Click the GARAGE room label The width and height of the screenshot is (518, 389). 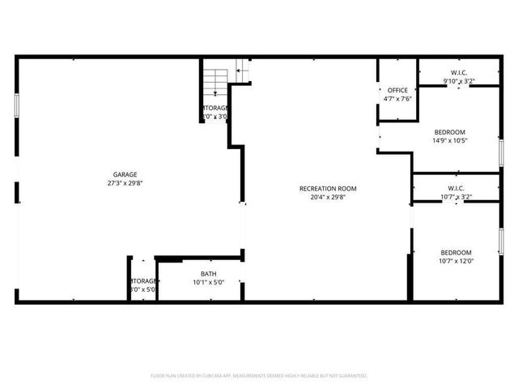coord(125,174)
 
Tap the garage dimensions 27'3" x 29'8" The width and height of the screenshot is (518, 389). coord(125,183)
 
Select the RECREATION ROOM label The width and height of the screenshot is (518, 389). coord(328,189)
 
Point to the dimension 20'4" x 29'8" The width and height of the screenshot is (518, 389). coord(328,197)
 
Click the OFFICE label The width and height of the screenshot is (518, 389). coord(397,90)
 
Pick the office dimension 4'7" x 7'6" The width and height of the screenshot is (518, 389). coord(397,99)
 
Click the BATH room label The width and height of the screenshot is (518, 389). coord(208,274)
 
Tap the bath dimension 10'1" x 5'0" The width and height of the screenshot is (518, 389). coord(208,282)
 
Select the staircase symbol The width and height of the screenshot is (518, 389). coord(215,81)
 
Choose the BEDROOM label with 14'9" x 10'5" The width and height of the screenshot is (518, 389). coord(449,132)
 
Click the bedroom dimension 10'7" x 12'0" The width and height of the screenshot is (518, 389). coord(455,261)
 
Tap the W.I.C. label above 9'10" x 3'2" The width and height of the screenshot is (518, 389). coord(458,72)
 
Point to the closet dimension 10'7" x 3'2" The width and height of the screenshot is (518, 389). coord(456,197)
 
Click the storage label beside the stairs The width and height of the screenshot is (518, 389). coord(215,108)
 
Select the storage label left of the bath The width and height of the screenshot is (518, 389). coord(143,280)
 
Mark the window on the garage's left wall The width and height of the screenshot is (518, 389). coord(17,106)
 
